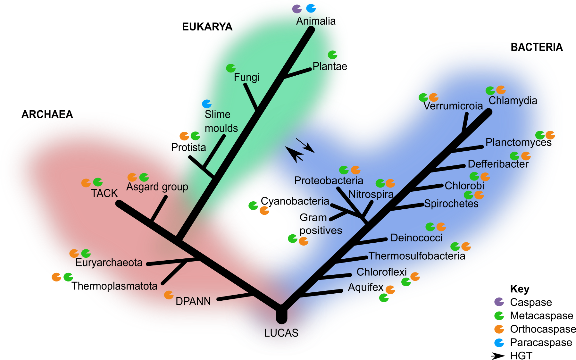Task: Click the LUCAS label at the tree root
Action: click(281, 333)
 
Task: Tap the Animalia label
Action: click(316, 21)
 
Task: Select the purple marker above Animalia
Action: click(297, 9)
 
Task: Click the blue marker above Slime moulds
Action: click(207, 104)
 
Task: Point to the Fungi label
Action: click(246, 77)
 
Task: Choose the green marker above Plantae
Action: click(332, 55)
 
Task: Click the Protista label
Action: click(188, 147)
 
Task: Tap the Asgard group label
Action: click(157, 187)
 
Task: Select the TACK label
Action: click(104, 193)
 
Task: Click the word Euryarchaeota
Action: click(109, 263)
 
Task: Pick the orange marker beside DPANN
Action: click(169, 295)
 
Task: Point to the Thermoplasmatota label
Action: click(115, 286)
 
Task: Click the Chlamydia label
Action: click(513, 101)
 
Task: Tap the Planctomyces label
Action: click(518, 142)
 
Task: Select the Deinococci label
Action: click(416, 238)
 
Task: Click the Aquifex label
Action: click(365, 287)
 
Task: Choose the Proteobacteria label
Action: click(329, 180)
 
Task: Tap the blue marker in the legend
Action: click(499, 343)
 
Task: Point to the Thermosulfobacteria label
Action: click(417, 256)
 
